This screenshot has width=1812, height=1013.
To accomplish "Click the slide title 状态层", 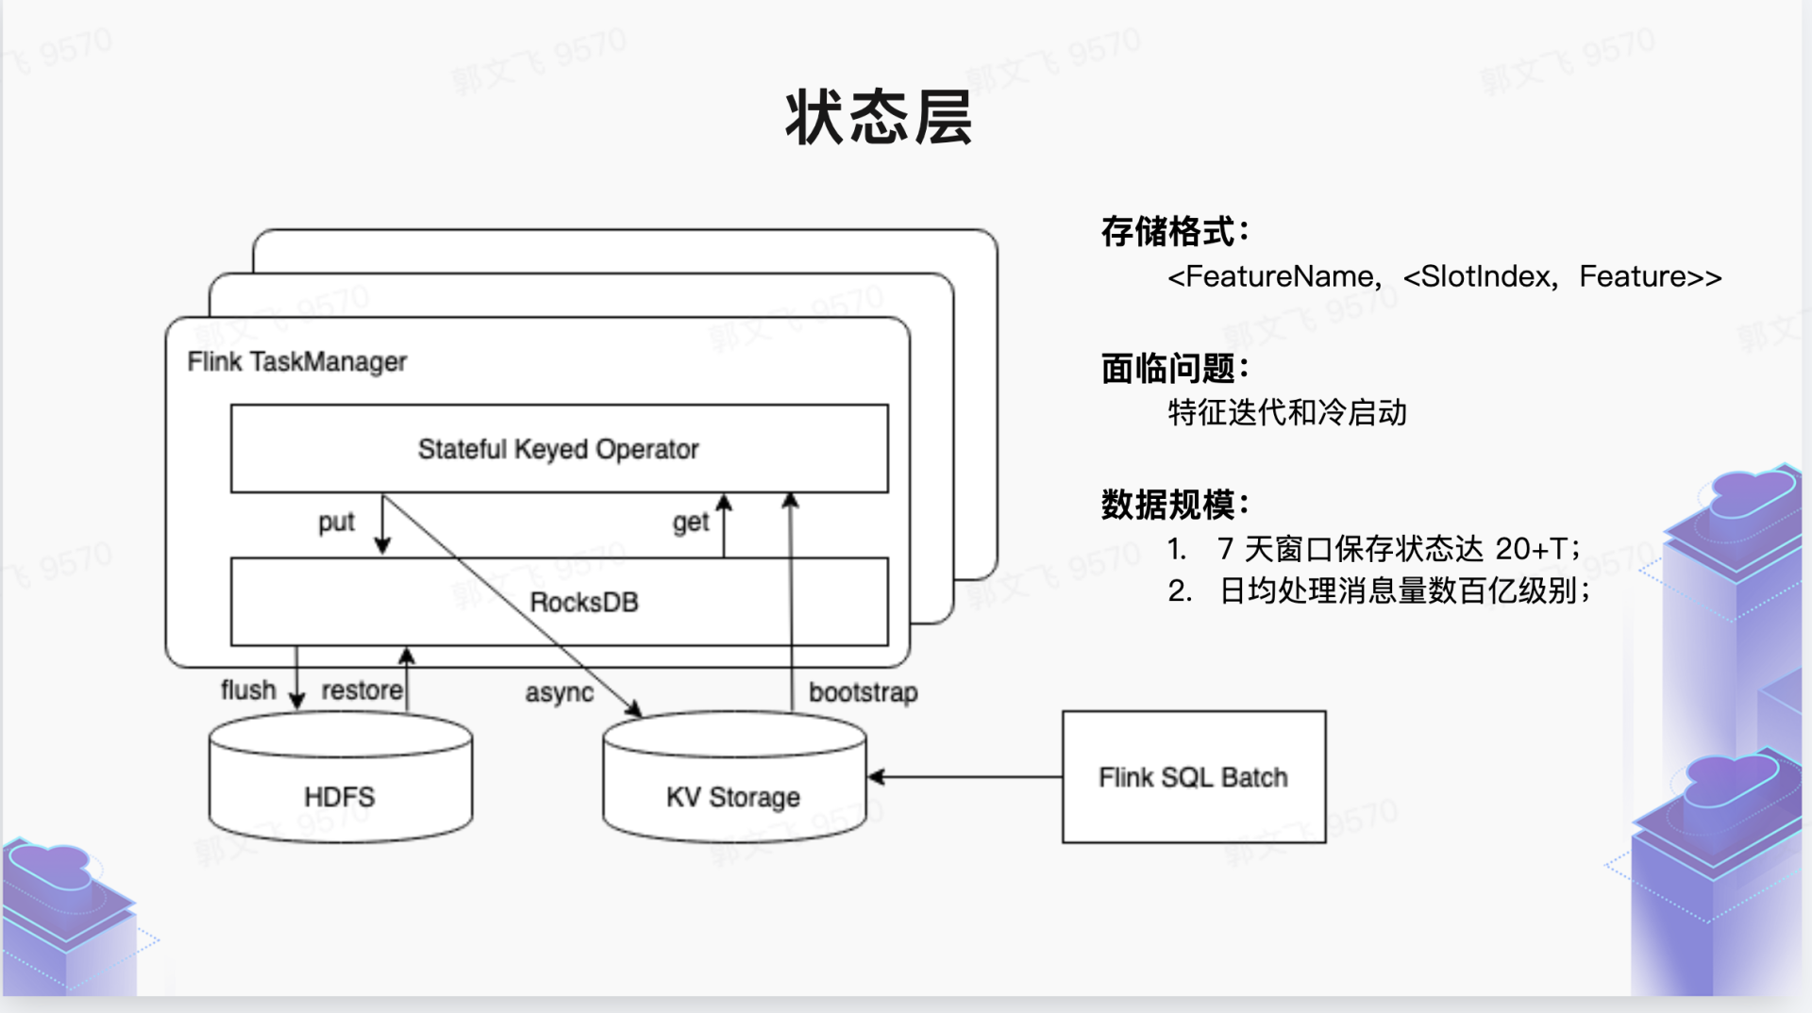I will tap(879, 118).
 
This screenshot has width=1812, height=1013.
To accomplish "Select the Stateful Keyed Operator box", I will tap(559, 449).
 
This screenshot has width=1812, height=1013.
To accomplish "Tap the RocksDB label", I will tap(584, 602).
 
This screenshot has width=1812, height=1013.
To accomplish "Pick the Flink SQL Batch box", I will tap(1194, 777).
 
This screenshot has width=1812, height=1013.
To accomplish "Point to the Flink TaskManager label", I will tap(296, 361).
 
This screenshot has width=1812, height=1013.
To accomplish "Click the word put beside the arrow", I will tap(336, 522).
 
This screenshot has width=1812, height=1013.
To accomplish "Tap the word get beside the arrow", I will tap(690, 522).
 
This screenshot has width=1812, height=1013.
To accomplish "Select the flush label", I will tap(248, 690).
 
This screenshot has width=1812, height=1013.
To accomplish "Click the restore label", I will tap(361, 690).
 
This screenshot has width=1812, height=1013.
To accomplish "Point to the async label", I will tap(559, 693).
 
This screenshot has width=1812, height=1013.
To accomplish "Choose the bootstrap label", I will tap(863, 692).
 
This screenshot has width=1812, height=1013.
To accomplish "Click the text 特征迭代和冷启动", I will tap(1287, 412).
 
